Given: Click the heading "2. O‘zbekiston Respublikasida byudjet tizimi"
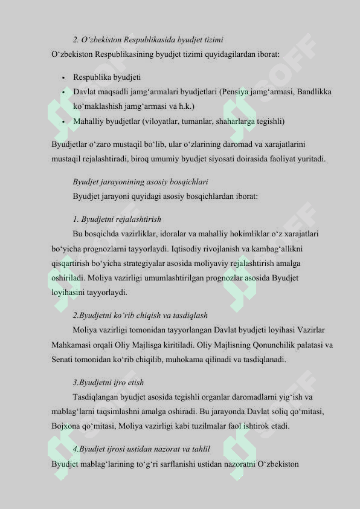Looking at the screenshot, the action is click(148, 40).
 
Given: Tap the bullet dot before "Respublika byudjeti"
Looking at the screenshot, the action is click(63, 78).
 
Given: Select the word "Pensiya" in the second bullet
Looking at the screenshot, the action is click(234, 92).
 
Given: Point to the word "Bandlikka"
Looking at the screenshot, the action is click(315, 92).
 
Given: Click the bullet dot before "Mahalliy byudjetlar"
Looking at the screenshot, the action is click(63, 122).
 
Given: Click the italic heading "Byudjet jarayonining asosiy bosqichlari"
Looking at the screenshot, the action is click(140, 181).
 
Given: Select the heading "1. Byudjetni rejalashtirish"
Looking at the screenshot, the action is click(117, 219).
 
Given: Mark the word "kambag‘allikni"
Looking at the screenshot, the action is click(291, 248).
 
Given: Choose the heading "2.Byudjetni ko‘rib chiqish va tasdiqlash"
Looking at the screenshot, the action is click(140, 316).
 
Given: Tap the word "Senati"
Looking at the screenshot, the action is click(63, 360).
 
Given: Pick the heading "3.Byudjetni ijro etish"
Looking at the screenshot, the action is click(108, 383).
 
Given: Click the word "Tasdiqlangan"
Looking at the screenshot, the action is click(97, 397).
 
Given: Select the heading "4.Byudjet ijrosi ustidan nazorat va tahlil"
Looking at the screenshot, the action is click(141, 449).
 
